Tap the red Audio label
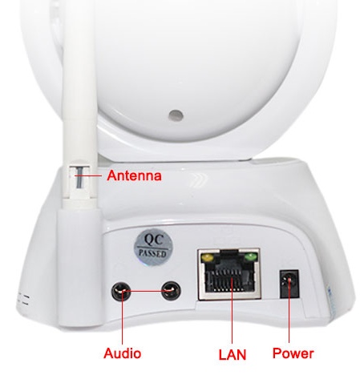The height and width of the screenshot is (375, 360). pyautogui.click(x=123, y=353)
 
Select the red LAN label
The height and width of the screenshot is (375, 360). pyautogui.click(x=231, y=353)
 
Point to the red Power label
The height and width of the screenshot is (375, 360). pyautogui.click(x=293, y=353)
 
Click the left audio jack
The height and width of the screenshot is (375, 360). pyautogui.click(x=120, y=290)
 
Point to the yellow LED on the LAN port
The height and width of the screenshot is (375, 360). pyautogui.click(x=209, y=259)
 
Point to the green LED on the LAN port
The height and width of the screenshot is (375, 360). pyautogui.click(x=252, y=258)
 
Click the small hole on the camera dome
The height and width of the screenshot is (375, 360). pyautogui.click(x=172, y=115)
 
